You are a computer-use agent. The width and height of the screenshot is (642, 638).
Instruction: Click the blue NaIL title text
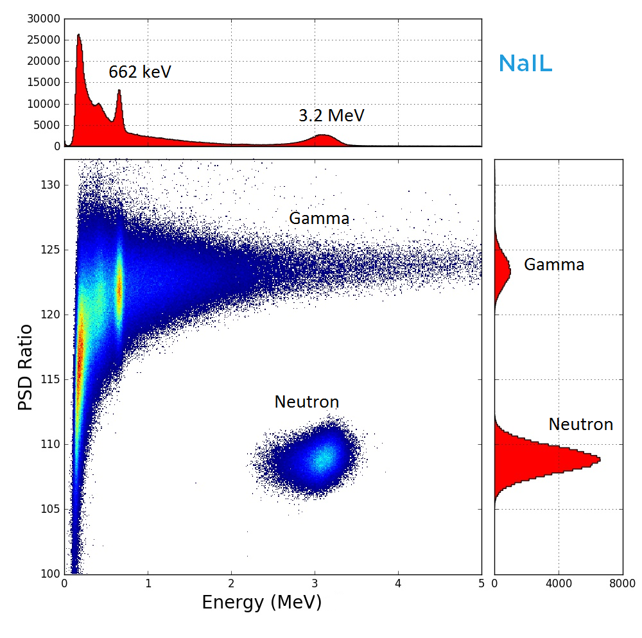click(525, 64)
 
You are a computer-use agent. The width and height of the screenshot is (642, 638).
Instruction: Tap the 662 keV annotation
click(139, 72)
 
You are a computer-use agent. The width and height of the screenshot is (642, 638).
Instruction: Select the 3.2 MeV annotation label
click(331, 116)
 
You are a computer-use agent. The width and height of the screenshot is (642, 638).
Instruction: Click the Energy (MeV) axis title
click(261, 603)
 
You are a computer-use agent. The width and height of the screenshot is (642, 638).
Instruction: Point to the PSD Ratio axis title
click(25, 367)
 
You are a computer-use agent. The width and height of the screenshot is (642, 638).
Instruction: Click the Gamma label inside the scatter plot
click(319, 218)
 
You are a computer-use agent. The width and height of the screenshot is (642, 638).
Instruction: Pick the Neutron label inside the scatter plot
click(306, 402)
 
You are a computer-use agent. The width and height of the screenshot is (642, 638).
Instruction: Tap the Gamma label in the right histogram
click(553, 264)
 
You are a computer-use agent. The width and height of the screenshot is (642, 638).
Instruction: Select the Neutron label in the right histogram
click(580, 424)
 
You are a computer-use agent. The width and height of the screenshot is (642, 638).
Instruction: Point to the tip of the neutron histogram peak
click(600, 459)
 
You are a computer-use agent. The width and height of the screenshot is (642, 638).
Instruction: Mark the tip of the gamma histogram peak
click(510, 272)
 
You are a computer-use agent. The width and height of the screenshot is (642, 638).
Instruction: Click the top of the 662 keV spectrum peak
click(119, 91)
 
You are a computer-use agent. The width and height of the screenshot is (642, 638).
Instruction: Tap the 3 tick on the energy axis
click(315, 583)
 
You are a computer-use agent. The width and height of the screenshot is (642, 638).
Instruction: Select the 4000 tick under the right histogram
click(558, 583)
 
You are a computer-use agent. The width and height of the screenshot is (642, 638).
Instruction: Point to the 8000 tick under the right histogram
click(621, 583)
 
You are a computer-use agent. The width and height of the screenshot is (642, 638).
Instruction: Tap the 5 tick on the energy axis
click(481, 583)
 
